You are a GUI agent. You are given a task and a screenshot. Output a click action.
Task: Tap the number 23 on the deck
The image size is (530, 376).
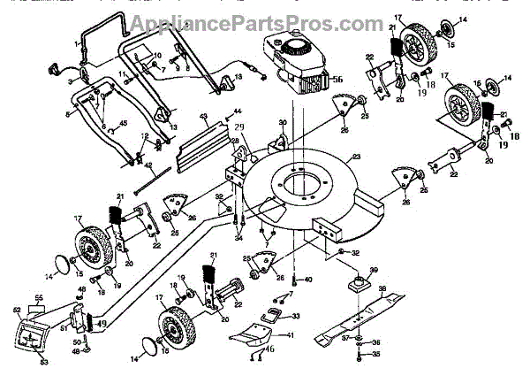(356, 157)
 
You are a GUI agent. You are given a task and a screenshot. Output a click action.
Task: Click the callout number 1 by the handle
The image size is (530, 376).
(77, 43)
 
